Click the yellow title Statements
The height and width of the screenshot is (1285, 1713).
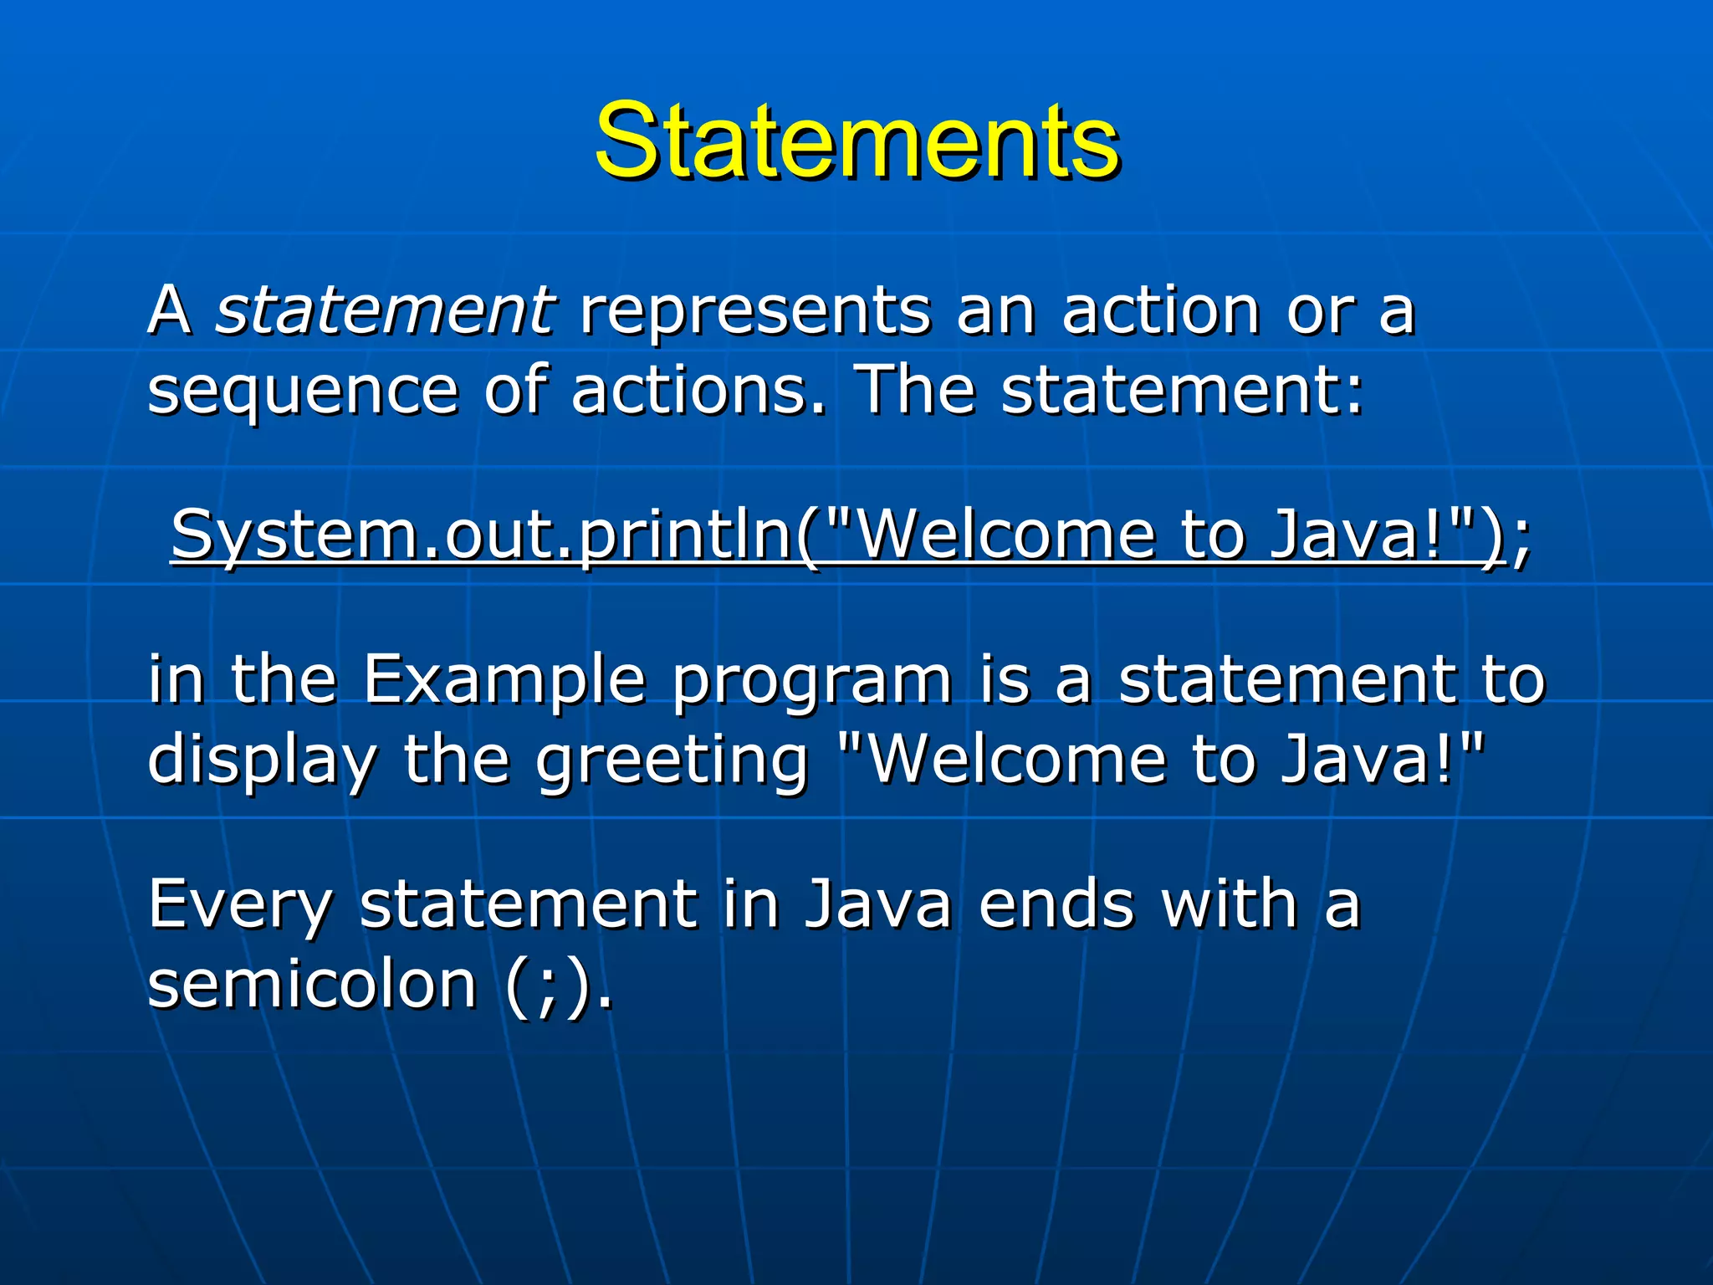coord(856,141)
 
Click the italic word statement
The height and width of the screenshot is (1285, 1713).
coord(384,310)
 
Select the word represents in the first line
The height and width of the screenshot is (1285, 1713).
coord(754,310)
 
